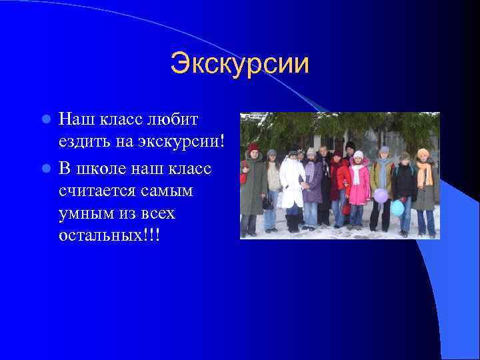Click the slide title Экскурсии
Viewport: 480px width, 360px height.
coord(239,65)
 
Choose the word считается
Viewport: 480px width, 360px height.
coord(100,191)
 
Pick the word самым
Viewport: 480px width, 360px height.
coord(169,191)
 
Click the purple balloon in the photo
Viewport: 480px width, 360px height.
coord(381,195)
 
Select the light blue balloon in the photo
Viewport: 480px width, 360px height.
coord(398,208)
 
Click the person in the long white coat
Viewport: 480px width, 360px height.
coord(292,183)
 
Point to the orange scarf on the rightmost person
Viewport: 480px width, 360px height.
coord(425,174)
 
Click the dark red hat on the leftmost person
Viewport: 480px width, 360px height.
coord(253,147)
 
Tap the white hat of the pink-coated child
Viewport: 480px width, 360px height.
coord(359,155)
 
